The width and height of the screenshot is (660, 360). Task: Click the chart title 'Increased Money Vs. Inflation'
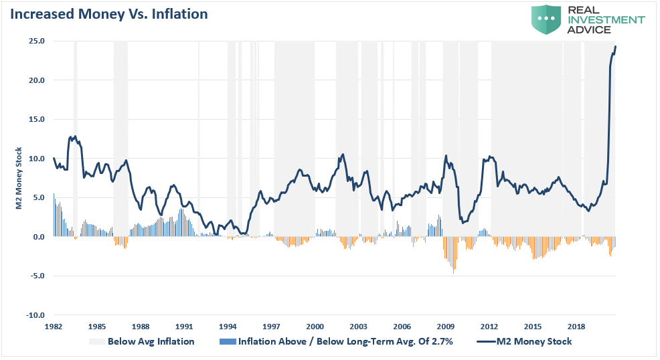pyautogui.click(x=108, y=13)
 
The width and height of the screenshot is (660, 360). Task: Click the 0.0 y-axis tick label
pyautogui.click(x=38, y=237)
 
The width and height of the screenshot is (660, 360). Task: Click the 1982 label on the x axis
pyautogui.click(x=54, y=326)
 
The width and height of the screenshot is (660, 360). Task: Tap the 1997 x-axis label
pyautogui.click(x=271, y=326)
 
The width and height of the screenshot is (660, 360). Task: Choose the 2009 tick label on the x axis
pyautogui.click(x=446, y=326)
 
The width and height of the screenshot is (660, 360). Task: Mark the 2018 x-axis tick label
pyautogui.click(x=576, y=326)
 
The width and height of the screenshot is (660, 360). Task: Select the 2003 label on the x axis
pyautogui.click(x=358, y=326)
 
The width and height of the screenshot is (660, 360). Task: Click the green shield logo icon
pyautogui.click(x=546, y=19)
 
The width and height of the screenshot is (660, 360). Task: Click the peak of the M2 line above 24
pyautogui.click(x=615, y=46)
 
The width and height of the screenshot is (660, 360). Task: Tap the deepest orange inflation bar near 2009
pyautogui.click(x=454, y=272)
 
